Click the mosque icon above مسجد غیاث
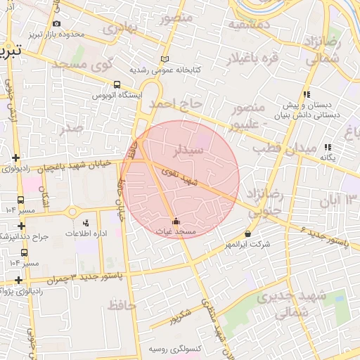(175, 221)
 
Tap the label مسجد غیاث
(175, 231)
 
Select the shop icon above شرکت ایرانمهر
(247, 234)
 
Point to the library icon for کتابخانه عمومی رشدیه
(165, 60)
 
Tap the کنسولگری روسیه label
(175, 349)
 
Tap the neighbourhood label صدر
(72, 128)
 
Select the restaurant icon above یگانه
(328, 147)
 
